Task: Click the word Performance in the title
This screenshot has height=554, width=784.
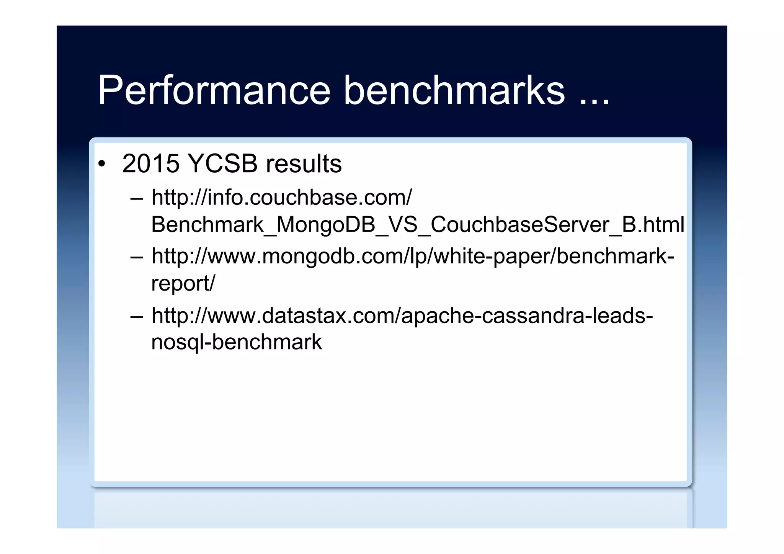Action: click(214, 90)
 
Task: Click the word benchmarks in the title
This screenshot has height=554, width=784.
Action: click(454, 90)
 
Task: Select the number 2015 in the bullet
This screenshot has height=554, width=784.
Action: click(151, 164)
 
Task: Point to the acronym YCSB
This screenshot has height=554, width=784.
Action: click(223, 164)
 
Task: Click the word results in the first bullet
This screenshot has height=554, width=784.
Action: click(304, 164)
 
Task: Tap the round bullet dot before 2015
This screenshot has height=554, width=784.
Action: click(101, 164)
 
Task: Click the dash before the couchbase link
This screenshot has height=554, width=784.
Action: click(137, 199)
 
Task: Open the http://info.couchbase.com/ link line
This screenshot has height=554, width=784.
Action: click(281, 198)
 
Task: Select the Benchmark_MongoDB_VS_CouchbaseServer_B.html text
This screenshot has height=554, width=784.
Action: click(417, 224)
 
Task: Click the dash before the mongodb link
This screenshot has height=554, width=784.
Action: click(137, 257)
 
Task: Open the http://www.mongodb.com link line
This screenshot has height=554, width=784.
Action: click(413, 256)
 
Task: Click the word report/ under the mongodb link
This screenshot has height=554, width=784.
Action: click(183, 283)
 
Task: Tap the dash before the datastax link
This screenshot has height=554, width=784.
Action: click(137, 317)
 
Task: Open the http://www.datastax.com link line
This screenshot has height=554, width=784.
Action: click(402, 315)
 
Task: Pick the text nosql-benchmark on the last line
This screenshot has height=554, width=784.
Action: click(236, 342)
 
